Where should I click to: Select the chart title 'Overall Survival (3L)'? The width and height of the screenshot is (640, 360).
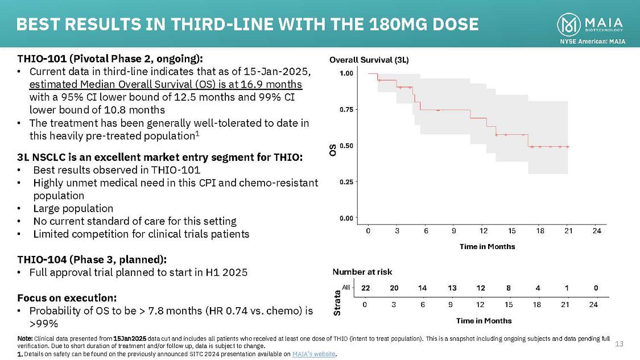tap(369, 60)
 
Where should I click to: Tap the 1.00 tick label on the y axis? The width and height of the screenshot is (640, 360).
tap(346, 73)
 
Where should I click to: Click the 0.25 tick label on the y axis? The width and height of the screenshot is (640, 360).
tap(346, 181)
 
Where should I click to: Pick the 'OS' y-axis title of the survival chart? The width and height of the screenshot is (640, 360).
tap(332, 150)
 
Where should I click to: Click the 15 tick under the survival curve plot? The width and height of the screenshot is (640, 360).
tap(511, 230)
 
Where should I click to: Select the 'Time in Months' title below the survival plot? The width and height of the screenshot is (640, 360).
tap(487, 246)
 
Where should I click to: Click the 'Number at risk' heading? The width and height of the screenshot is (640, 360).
tap(362, 272)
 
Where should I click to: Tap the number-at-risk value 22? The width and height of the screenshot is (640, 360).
tap(365, 288)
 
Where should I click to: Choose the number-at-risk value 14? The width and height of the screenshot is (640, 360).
tap(422, 288)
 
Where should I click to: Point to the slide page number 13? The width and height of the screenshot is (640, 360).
tap(620, 344)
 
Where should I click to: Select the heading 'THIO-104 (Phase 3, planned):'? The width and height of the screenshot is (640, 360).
tap(92, 259)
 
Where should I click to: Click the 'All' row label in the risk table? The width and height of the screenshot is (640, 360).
tap(345, 288)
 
